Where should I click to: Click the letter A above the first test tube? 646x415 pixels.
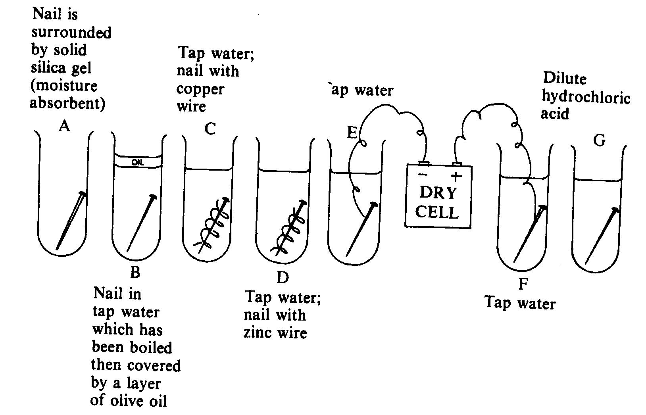tap(64, 126)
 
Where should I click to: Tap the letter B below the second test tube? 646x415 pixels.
tap(135, 272)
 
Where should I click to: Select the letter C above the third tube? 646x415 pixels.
tap(210, 129)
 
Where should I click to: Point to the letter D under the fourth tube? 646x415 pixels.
tap(282, 278)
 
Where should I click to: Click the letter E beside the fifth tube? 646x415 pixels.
tap(352, 133)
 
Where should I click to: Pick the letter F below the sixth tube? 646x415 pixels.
tap(523, 284)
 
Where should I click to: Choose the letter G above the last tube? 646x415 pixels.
tap(599, 140)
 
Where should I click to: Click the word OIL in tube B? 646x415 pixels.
tap(137, 162)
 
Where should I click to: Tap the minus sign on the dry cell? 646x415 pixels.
tap(423, 175)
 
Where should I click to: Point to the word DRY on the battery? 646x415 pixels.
tap(438, 193)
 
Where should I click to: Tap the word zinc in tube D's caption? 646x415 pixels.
tap(256, 332)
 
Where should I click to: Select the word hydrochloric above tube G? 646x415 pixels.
tap(586, 97)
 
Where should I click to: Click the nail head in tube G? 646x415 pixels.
tap(615, 210)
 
